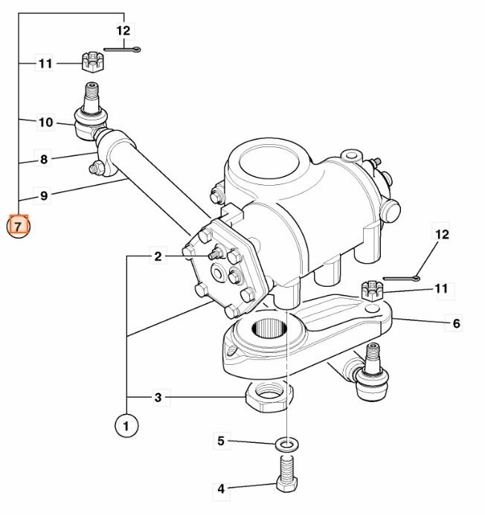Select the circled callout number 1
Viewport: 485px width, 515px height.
(126, 426)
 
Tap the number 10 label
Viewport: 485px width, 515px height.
(45, 122)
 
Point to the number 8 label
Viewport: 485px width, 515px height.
(44, 159)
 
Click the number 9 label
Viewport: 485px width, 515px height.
(44, 196)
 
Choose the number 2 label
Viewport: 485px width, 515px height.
(158, 256)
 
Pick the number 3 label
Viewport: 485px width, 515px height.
(158, 398)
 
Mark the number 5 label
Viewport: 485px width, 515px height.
(220, 441)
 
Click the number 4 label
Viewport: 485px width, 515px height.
(220, 489)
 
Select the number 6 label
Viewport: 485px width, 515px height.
(456, 323)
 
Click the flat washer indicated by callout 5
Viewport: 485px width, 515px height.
(286, 444)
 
